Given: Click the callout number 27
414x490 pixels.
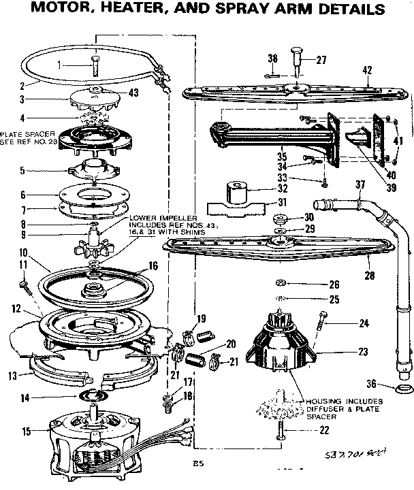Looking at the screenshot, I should pos(321,60).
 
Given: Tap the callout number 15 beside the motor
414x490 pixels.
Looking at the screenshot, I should pos(27,431).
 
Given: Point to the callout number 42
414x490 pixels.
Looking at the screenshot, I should pos(367,70).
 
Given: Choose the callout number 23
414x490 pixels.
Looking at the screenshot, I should pos(362,352).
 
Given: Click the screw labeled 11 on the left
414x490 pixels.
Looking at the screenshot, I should pos(28,284).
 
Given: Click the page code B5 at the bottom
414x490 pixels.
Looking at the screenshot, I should pos(197,465).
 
